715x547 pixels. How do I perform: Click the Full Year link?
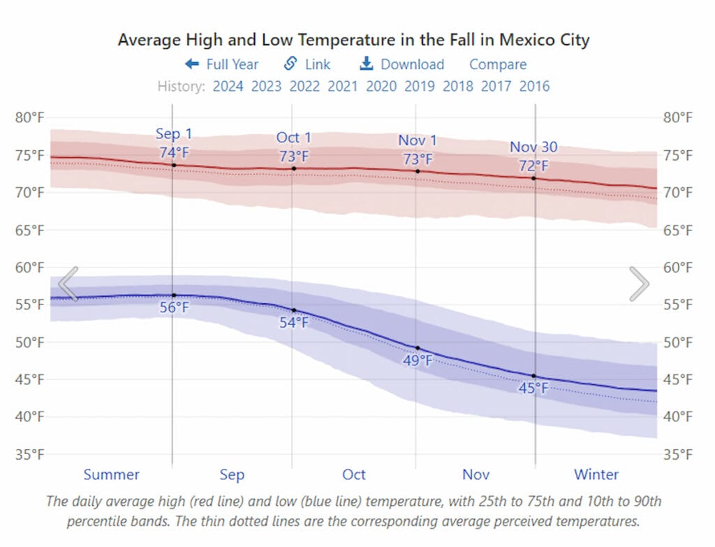click(222, 64)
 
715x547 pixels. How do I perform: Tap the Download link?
click(402, 64)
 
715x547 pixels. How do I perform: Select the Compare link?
click(498, 64)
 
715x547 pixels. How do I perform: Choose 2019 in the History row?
click(419, 87)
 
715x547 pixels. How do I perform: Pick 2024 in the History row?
click(228, 87)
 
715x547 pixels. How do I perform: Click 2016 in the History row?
click(534, 87)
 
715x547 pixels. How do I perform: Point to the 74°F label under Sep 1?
click(174, 152)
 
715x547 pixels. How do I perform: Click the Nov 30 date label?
click(533, 147)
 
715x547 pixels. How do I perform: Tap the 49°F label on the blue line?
click(418, 361)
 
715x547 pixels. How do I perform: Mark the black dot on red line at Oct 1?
click(293, 168)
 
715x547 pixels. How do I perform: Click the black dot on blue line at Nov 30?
click(534, 376)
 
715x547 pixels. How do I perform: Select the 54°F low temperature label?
click(293, 323)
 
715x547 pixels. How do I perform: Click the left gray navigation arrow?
click(68, 284)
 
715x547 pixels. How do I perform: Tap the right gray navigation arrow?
click(639, 284)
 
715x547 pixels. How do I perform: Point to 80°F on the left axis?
click(29, 117)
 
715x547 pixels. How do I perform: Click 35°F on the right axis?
click(677, 455)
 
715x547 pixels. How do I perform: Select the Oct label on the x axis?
click(353, 475)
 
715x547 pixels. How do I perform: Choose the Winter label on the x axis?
click(596, 475)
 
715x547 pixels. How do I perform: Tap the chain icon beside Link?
click(290, 64)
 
